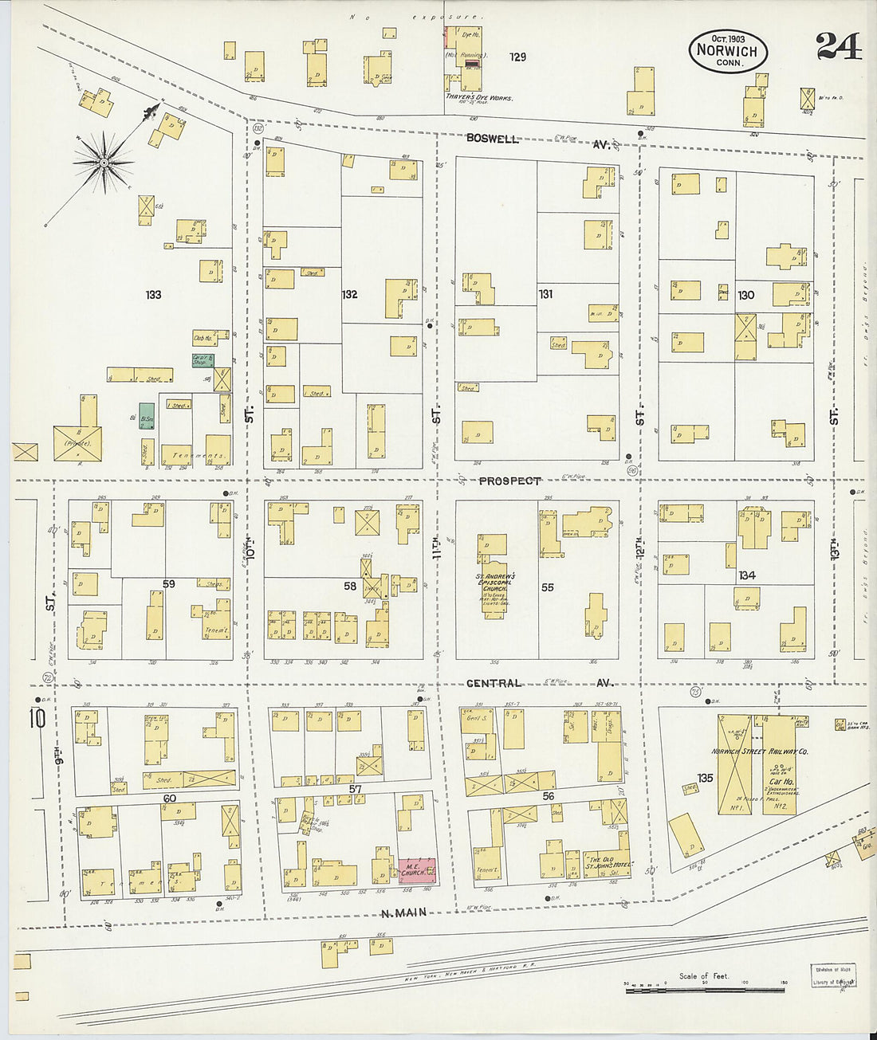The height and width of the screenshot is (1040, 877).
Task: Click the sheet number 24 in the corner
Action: (x=838, y=46)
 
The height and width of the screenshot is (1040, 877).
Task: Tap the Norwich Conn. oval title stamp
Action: (x=727, y=52)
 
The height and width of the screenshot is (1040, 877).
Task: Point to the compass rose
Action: (x=104, y=163)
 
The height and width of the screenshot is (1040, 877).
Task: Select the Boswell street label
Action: (x=493, y=139)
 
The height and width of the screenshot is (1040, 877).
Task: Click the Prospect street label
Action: (x=509, y=481)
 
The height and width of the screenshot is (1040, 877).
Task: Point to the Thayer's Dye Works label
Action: (x=478, y=99)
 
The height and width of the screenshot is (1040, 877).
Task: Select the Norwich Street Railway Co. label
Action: (x=760, y=752)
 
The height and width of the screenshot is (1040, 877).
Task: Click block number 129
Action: (x=517, y=57)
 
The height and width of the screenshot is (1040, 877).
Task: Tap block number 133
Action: (x=153, y=295)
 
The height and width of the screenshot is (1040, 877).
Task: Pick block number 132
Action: (x=349, y=295)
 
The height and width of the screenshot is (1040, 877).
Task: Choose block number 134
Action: (x=746, y=575)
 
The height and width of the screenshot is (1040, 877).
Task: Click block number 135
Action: (x=704, y=778)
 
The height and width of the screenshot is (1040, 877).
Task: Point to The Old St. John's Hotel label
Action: (x=608, y=861)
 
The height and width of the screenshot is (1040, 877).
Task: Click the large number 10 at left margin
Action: (x=38, y=718)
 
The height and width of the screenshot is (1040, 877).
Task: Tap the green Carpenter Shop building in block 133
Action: (x=203, y=360)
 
